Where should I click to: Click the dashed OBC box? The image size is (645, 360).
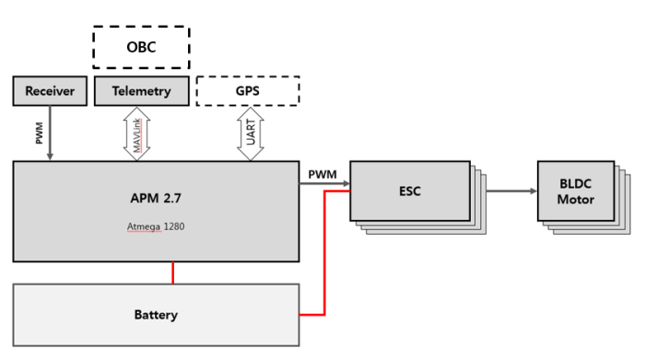click(x=141, y=45)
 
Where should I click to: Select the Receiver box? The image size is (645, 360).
click(x=50, y=91)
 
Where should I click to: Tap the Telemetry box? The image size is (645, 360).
click(x=141, y=91)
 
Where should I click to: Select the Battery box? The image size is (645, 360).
click(x=156, y=315)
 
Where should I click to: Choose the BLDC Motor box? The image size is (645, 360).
click(x=576, y=192)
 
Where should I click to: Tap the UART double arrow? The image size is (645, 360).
click(x=251, y=133)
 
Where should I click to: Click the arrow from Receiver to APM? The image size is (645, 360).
click(x=50, y=133)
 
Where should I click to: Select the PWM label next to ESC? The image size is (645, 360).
click(x=322, y=173)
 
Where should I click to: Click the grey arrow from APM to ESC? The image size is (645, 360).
click(x=324, y=183)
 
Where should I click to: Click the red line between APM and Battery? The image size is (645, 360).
click(x=173, y=273)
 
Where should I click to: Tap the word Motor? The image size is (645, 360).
click(x=576, y=200)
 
